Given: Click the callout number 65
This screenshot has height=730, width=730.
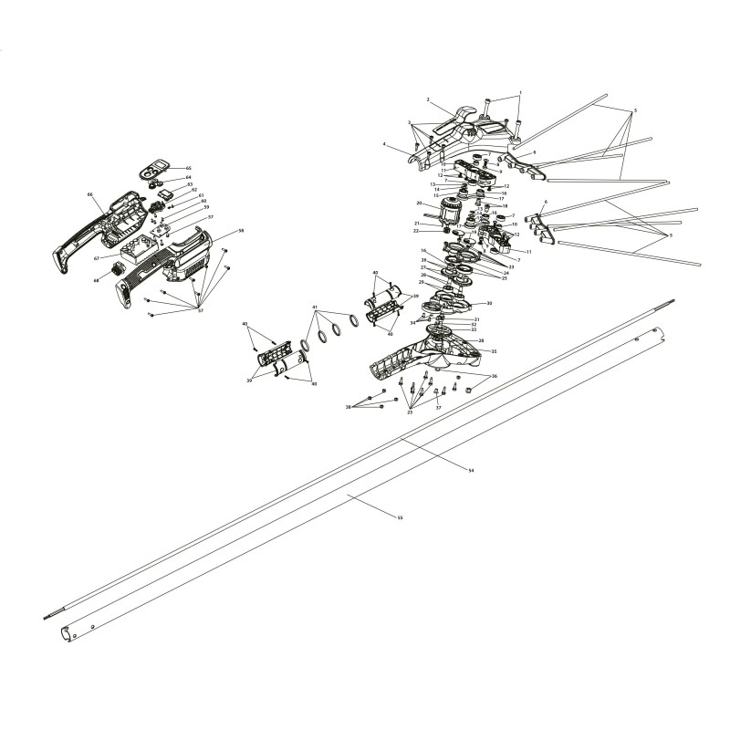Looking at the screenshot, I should coord(189,168).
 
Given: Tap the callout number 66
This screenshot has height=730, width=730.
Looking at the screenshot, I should coord(90,194).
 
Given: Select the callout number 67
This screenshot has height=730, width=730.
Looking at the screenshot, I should coord(96,258).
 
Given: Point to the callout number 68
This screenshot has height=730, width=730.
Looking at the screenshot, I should coord(96,279).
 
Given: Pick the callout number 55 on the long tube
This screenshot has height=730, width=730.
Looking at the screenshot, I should coord(400,517).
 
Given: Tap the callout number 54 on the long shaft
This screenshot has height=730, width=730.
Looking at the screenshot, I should coord(471,470).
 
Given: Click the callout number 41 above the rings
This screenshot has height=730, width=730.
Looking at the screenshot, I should coord(315,307).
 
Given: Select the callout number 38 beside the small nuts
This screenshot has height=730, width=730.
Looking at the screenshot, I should coord(349,406).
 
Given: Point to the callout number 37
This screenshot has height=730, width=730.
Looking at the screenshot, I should coord(438,408).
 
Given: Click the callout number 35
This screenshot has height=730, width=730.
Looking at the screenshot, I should coord(494,351).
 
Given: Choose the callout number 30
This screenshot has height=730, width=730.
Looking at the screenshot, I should coord(490,303).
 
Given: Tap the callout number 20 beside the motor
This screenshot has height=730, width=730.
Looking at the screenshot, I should coord(419,203).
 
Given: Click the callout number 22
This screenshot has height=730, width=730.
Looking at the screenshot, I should coord(416,231).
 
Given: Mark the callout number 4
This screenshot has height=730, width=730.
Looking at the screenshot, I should coord(385,144).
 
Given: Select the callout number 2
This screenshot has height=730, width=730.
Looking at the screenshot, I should coord(427,99).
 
